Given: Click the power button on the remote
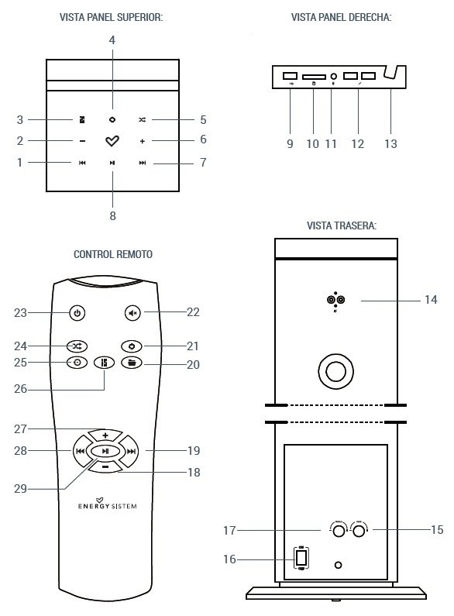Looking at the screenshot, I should point(76,313).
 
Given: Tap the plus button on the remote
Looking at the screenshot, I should point(105,435).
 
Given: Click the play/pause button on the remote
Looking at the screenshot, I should point(105,451).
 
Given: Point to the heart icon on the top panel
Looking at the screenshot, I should point(112,141).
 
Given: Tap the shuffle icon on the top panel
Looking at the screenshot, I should point(143,120).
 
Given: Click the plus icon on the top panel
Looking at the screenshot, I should point(143,141).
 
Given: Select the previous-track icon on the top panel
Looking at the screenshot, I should point(82,163).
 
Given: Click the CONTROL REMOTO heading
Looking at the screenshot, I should point(113,254).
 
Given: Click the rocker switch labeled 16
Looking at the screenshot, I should point(301,558).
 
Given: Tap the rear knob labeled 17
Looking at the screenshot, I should point(339,532).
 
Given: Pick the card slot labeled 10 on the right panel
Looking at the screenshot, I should point(314,77).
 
